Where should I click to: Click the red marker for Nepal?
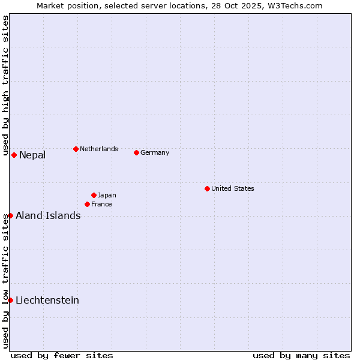coord(14,155)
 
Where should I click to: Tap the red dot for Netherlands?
coord(76,149)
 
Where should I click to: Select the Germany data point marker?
coord(136,152)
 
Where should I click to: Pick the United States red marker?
coord(207,188)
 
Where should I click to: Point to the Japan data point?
coord(94,195)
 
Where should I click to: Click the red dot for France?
coord(87,204)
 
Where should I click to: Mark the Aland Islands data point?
coord(10,215)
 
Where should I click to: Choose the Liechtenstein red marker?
coord(10,300)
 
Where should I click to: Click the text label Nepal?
coord(32,155)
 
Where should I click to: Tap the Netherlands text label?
coord(99,149)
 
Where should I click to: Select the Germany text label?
coord(155,152)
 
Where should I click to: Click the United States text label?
coord(233,188)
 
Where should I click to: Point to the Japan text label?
coord(107,195)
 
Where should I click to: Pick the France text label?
coord(101,204)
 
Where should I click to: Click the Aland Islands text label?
coord(48,216)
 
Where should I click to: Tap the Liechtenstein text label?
coord(47,301)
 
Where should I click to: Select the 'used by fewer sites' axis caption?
coord(62,355)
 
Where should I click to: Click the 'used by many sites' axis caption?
coord(301,355)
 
